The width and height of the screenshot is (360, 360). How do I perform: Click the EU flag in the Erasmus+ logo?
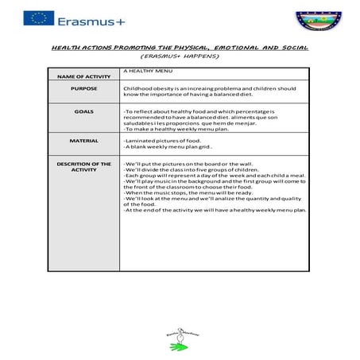click(39, 17)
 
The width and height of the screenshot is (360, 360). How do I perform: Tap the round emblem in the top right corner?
click(316, 19)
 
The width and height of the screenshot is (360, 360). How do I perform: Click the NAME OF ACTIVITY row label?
click(83, 76)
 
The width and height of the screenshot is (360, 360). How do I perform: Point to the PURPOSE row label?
click(83, 88)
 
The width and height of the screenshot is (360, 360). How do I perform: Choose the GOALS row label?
click(83, 112)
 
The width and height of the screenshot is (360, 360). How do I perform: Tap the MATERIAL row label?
click(83, 141)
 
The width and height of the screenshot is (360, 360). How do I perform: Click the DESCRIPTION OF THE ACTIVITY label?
click(83, 167)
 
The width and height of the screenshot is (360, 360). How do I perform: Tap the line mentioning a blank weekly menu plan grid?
click(168, 147)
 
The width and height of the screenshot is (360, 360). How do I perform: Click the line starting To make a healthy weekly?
click(168, 129)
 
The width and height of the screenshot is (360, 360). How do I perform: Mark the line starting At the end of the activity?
click(215, 210)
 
